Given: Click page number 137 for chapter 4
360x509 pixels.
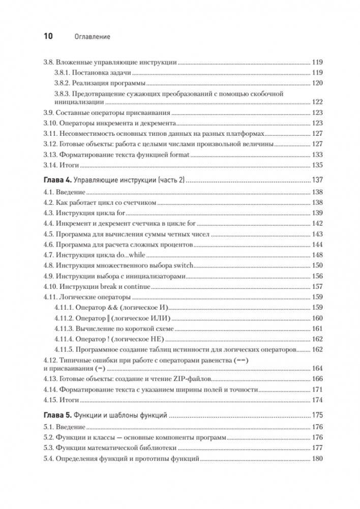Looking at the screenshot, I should click(318, 181).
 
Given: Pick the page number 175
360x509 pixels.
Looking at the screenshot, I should click(318, 415).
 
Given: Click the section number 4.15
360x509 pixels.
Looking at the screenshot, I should click(49, 400).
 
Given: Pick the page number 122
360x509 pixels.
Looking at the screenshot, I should click(318, 102).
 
